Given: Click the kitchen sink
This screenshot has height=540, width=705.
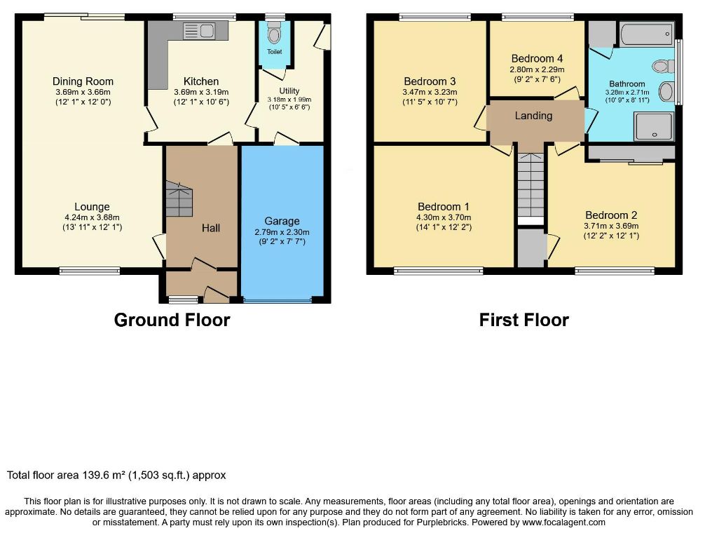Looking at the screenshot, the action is point(198,31).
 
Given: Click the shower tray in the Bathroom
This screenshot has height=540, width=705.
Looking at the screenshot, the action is point(654,126).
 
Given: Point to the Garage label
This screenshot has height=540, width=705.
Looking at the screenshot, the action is point(282,221).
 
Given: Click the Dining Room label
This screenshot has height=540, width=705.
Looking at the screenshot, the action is point(83,81).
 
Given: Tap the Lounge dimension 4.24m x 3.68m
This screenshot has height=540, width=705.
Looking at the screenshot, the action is point(93,217).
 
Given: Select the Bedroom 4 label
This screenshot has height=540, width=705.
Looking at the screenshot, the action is point(537,58).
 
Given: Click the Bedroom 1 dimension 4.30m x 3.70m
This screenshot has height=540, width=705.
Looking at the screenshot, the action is point(444,217).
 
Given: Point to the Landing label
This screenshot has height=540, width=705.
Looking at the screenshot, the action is point(534,116).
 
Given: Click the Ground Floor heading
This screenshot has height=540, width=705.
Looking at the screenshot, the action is point(172,320).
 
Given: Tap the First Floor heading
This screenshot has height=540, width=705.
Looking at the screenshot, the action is point(523,320).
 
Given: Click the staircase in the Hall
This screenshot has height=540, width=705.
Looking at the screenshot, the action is point(179,199).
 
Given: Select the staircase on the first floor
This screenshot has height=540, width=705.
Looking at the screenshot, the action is point(531,185).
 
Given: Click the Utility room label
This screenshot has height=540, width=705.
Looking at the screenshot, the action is point(289,91).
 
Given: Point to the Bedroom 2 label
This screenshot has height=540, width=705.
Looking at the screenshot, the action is point(611,215).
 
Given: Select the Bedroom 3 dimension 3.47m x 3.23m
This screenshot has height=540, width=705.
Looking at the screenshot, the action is point(430,93).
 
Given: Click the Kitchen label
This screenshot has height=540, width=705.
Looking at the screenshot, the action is point(201,81).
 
